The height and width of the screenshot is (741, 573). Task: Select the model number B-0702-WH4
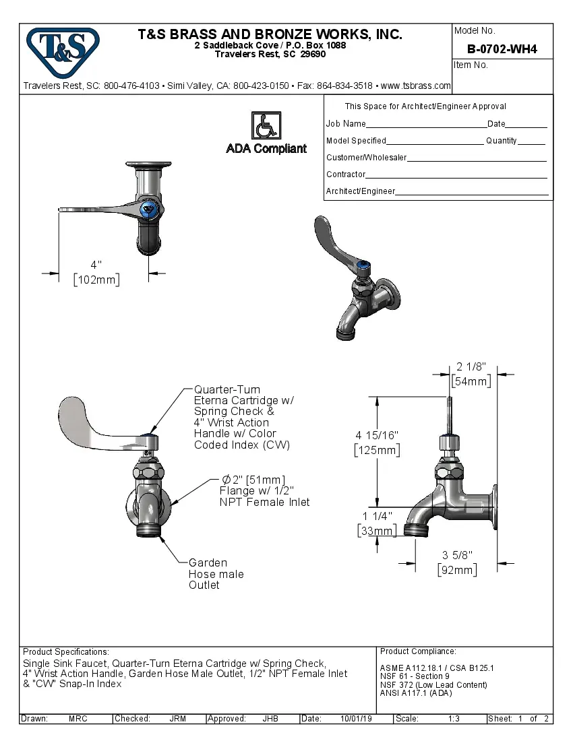click(502, 49)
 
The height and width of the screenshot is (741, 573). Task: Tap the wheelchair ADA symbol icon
click(266, 125)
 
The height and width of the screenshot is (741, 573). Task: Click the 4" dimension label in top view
click(96, 265)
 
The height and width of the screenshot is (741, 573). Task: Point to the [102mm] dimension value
click(96, 280)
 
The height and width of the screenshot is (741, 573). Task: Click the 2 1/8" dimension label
click(471, 367)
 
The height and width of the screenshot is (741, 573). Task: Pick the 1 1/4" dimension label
click(377, 517)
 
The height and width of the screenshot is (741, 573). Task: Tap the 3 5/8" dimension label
click(457, 555)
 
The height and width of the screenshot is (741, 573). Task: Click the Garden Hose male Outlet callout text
click(216, 574)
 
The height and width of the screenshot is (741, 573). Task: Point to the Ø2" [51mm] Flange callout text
click(264, 490)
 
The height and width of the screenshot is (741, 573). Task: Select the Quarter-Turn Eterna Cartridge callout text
click(243, 417)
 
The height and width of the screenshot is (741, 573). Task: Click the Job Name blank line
click(426, 124)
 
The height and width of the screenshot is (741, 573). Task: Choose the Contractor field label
click(346, 174)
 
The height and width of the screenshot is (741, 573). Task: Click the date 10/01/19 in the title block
click(355, 719)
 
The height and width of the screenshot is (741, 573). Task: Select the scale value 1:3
click(454, 719)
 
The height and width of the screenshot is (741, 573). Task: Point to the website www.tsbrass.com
click(415, 86)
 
